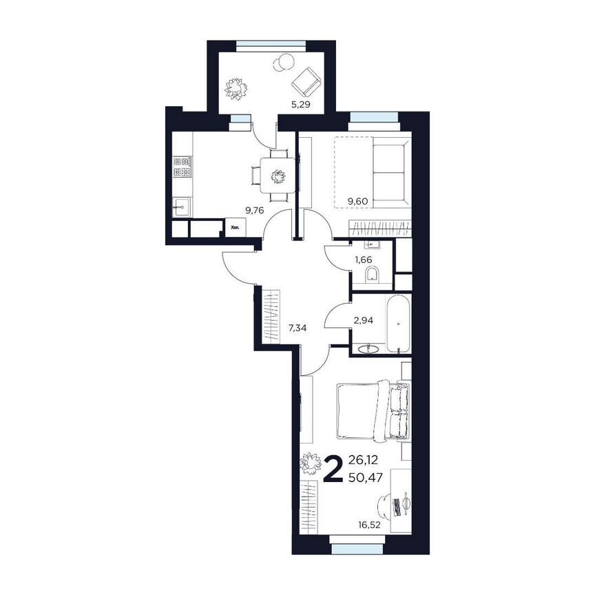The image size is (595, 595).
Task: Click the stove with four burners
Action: pyautogui.click(x=182, y=166)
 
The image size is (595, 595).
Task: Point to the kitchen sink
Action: pyautogui.click(x=182, y=205)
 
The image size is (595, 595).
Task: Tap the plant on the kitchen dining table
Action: pyautogui.click(x=278, y=177)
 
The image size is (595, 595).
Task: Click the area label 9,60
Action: pyautogui.click(x=359, y=201)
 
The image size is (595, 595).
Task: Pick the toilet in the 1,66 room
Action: pyautogui.click(x=373, y=276)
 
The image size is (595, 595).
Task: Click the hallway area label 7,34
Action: pyautogui.click(x=297, y=328)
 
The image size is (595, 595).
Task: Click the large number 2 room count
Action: pyautogui.click(x=334, y=470)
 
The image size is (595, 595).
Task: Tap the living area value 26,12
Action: pyautogui.click(x=364, y=459)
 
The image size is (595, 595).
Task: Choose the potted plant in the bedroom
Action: pyautogui.click(x=312, y=463)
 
